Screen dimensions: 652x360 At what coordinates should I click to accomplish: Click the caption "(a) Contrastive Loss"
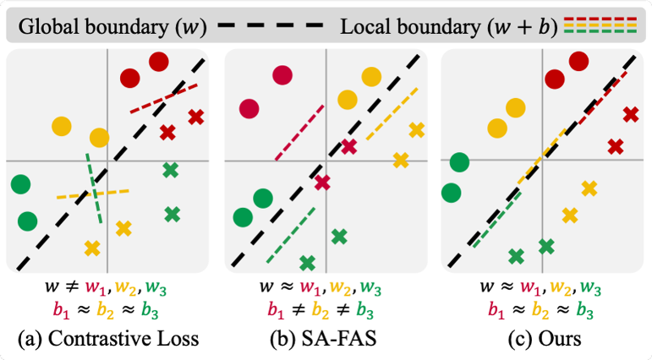click(108, 339)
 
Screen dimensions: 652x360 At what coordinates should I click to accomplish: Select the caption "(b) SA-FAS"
click(324, 339)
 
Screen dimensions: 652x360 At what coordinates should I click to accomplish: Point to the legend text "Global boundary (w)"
click(112, 27)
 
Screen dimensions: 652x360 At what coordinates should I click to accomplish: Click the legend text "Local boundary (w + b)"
click(449, 27)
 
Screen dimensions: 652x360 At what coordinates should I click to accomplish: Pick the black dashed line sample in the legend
click(271, 25)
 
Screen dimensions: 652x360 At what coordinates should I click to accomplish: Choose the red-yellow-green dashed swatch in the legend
click(600, 25)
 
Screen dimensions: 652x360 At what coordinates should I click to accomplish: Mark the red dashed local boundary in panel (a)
click(163, 99)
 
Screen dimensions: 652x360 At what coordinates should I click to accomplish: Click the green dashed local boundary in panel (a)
click(94, 188)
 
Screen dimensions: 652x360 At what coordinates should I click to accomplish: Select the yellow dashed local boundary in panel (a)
click(93, 194)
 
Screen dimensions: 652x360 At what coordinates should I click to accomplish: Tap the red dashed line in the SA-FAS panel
click(299, 133)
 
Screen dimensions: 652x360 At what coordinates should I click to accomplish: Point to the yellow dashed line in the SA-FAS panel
click(392, 114)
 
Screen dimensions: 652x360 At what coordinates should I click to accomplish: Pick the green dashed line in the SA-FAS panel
click(291, 235)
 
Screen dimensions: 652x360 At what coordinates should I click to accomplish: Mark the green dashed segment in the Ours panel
click(496, 219)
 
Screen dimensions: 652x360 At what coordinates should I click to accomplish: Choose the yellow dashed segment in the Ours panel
click(541, 157)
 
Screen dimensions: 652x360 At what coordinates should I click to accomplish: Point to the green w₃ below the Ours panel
click(590, 288)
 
